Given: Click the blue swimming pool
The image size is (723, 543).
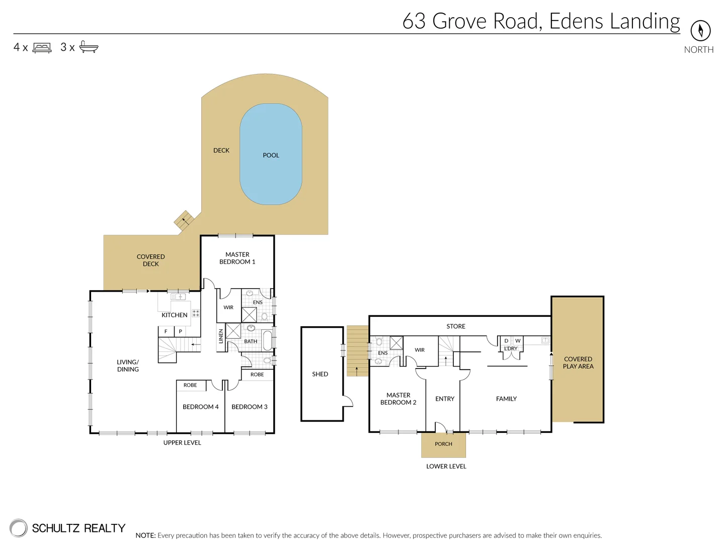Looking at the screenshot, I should [271, 154].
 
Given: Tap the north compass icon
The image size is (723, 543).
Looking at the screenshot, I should [700, 31].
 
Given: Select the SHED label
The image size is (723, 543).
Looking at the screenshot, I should [320, 374].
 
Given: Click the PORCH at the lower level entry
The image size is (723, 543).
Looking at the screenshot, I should [443, 444].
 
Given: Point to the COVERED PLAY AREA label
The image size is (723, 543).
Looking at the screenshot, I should [578, 363].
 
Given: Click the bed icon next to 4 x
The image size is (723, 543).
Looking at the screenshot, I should [42, 48].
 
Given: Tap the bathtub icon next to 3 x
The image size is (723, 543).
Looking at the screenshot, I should [89, 47].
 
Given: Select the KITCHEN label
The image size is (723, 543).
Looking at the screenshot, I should [174, 315].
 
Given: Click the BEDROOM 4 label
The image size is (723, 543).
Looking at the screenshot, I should [200, 407].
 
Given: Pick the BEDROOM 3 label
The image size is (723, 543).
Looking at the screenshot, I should [249, 407].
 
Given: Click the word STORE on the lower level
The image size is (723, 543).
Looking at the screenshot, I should [456, 326].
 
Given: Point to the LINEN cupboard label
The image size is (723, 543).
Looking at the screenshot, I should [221, 336].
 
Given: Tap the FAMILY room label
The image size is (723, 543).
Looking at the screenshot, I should [506, 399].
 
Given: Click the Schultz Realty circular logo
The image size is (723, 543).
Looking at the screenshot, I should [19, 528].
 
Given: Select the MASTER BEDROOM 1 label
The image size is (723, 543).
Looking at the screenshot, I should [237, 258].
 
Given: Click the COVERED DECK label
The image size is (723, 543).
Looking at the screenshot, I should [150, 260].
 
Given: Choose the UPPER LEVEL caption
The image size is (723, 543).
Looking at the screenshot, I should [182, 443].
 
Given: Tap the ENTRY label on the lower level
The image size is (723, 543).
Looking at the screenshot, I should [445, 399].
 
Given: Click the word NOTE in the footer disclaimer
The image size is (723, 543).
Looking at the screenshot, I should [145, 535].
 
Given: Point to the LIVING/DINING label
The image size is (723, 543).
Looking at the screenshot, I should [128, 366].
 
